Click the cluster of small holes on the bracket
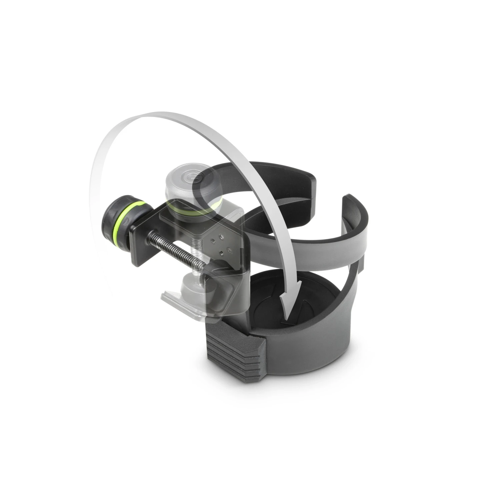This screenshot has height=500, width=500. pyautogui.click(x=220, y=244)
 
